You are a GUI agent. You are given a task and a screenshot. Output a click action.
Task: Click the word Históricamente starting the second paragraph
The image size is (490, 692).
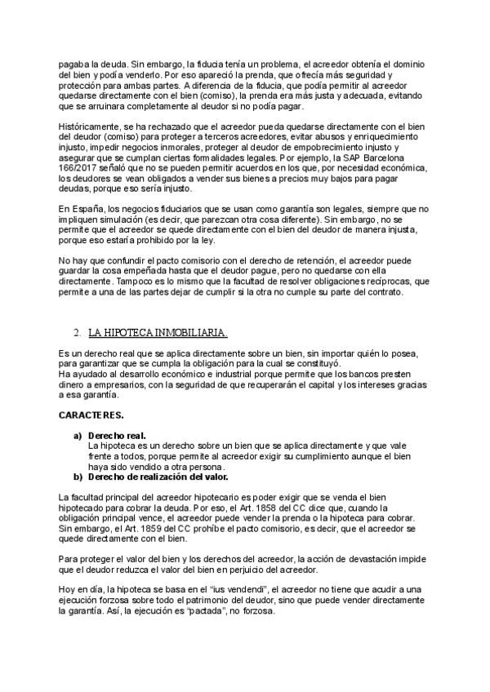(87, 129)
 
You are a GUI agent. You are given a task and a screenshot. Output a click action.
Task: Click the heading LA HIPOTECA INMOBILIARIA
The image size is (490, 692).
(158, 333)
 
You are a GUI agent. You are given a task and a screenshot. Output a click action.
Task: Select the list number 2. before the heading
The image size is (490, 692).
(77, 333)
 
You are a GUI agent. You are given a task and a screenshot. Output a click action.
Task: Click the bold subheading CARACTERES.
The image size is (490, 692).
(90, 415)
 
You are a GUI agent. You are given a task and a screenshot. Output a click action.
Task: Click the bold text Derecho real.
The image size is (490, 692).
(117, 436)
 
